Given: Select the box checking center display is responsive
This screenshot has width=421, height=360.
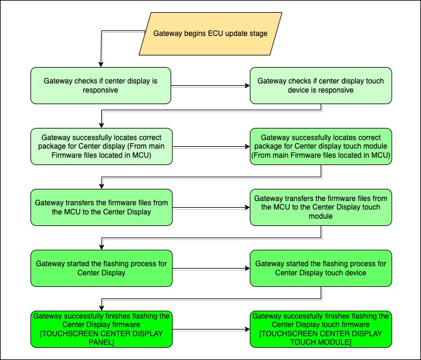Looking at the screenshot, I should click(x=101, y=85).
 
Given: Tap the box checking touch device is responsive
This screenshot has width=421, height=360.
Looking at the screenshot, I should click(x=320, y=85).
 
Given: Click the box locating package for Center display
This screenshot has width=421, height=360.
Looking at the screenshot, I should click(x=101, y=146).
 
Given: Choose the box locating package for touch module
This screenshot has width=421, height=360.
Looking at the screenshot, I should click(x=320, y=146).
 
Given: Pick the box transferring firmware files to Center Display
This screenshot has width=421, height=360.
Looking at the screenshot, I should click(x=101, y=207).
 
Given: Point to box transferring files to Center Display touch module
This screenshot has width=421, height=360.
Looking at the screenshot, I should click(x=320, y=207).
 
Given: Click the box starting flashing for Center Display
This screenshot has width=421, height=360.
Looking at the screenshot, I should click(x=101, y=268).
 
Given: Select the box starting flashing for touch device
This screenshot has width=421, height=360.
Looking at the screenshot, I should click(x=320, y=268).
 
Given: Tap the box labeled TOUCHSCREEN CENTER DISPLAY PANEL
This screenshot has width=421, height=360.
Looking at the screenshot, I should click(x=101, y=330).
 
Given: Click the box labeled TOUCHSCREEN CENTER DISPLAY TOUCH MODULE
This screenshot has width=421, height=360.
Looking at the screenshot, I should click(x=320, y=330).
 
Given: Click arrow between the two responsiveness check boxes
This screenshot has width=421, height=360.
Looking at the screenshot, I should click(x=211, y=86).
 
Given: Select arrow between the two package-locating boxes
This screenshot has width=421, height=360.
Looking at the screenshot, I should click(x=211, y=147).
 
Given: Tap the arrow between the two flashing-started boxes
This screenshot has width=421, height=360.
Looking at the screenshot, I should click(x=211, y=269).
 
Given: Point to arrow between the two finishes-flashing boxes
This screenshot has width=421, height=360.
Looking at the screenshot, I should click(x=211, y=330).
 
